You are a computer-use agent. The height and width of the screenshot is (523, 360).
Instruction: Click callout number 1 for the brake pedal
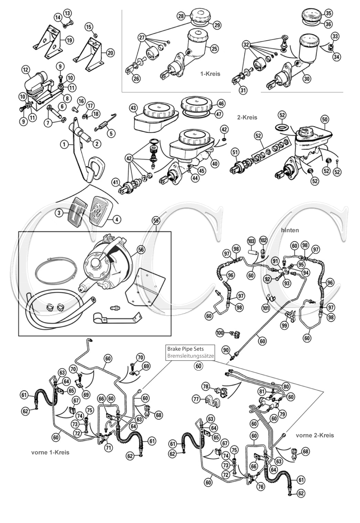point(64,145)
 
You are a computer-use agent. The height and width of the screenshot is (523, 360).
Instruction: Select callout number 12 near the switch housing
point(26,70)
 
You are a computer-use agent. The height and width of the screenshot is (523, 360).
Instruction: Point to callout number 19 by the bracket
point(69,40)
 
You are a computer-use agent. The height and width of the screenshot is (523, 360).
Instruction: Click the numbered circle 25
point(214,49)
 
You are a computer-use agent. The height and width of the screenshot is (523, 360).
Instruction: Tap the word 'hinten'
point(290,230)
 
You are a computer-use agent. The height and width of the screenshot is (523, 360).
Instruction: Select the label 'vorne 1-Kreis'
point(50,452)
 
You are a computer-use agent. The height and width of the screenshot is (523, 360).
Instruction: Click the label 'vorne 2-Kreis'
point(315,435)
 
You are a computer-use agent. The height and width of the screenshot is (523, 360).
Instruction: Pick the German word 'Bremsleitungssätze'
point(190,356)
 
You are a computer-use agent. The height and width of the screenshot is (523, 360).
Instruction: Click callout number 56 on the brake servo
point(141,250)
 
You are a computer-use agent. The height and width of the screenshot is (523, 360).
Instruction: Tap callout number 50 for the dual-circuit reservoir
point(325,119)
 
